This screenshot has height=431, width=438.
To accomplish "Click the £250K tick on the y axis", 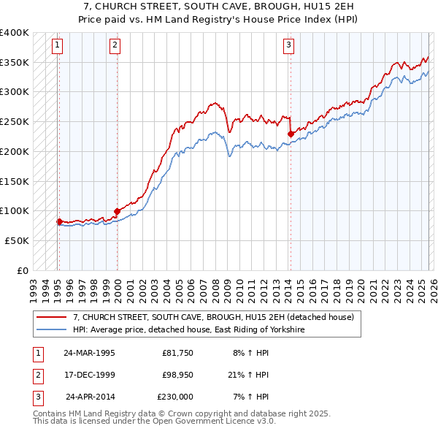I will pos(15,121).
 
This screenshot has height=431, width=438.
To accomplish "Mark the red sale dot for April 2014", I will pos(291,134).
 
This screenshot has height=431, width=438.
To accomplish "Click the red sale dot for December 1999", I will pos(117,212).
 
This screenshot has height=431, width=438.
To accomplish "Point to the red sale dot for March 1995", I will pos(59,221).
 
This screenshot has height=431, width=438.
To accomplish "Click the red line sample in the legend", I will pos(53,317).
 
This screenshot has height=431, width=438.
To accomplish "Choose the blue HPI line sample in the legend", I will pos(53,330).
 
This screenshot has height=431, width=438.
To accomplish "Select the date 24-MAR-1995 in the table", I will pos(89,353).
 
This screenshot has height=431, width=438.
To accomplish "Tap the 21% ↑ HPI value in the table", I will pos(248,375).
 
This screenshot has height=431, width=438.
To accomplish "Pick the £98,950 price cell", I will pos(177,375).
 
